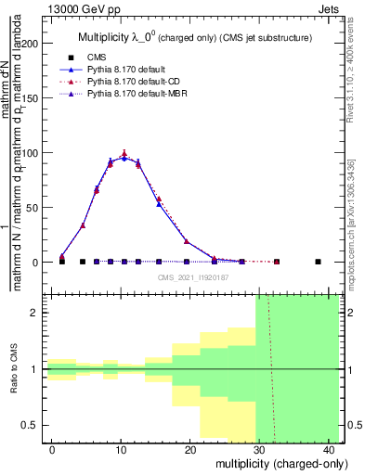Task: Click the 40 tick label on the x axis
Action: coord(329,450)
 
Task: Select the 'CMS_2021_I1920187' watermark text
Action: coord(194,276)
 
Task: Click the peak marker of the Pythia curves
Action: coord(124,155)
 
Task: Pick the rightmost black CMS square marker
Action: coord(318,262)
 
